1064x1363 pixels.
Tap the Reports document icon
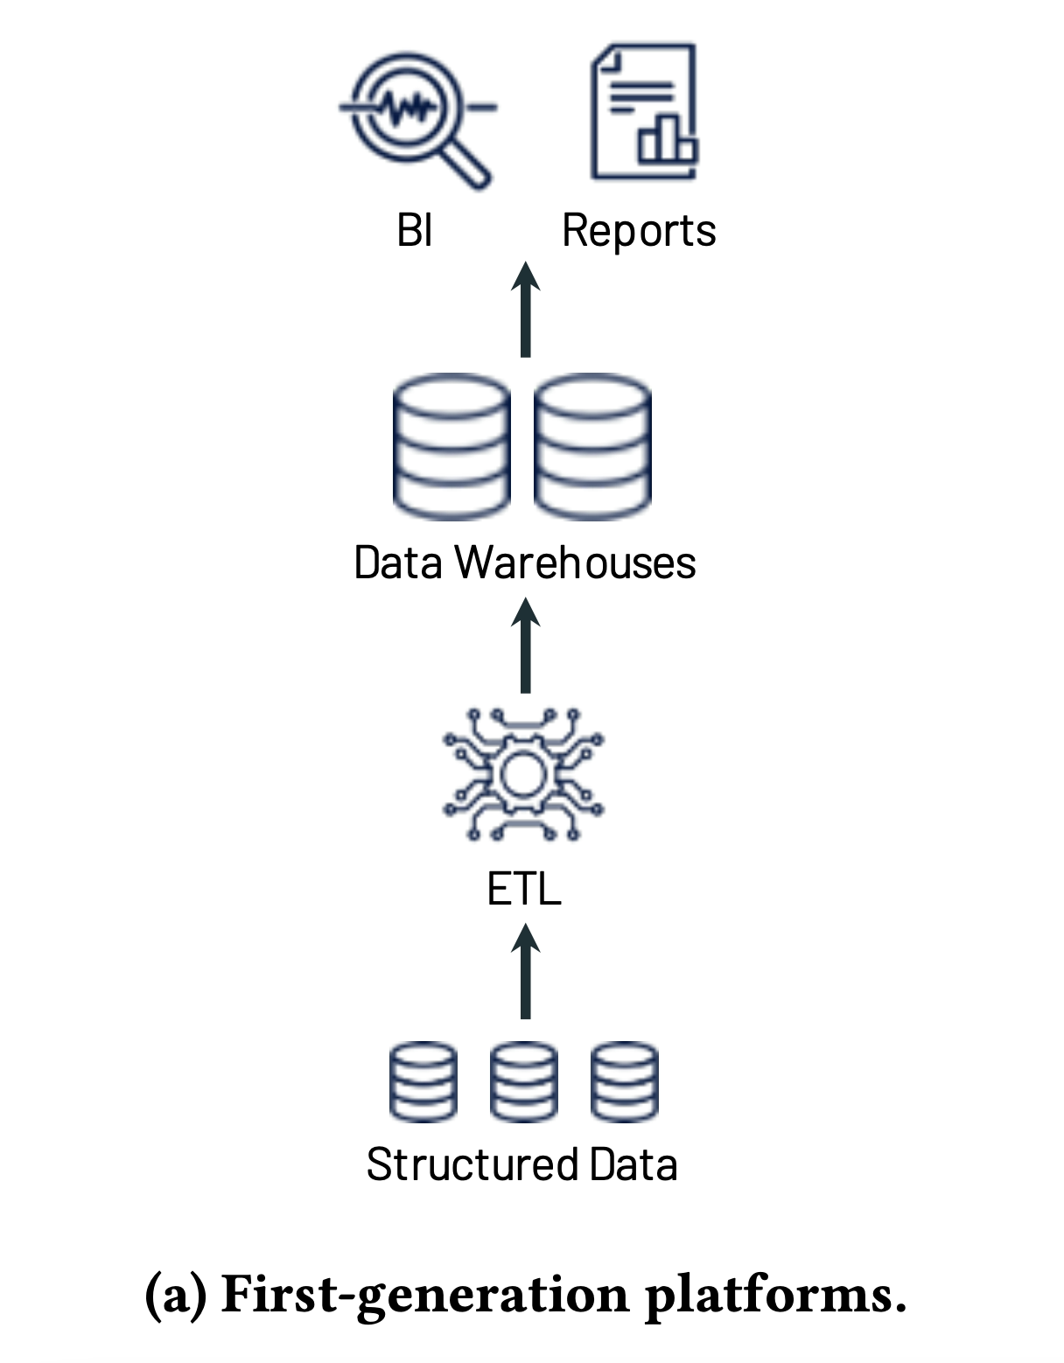pyautogui.click(x=644, y=111)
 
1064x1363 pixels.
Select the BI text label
pyautogui.click(x=414, y=231)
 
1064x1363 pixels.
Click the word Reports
pyautogui.click(x=639, y=231)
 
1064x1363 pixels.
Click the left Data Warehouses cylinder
pyautogui.click(x=451, y=446)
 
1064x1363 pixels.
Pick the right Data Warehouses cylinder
pyautogui.click(x=592, y=446)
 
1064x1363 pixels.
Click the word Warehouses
pyautogui.click(x=575, y=563)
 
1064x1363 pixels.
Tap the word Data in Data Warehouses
pyautogui.click(x=398, y=563)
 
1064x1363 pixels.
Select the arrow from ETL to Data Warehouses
pyautogui.click(x=525, y=645)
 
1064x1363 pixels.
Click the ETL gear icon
pyautogui.click(x=523, y=774)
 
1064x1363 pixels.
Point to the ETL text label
pyautogui.click(x=523, y=890)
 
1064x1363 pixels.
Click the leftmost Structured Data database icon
pyautogui.click(x=423, y=1081)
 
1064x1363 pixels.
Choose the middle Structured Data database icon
pyautogui.click(x=523, y=1081)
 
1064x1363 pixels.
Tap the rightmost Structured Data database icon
pyautogui.click(x=624, y=1081)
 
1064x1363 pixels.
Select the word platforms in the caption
pyautogui.click(x=774, y=1295)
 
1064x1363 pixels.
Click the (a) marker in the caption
pyautogui.click(x=175, y=1295)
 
